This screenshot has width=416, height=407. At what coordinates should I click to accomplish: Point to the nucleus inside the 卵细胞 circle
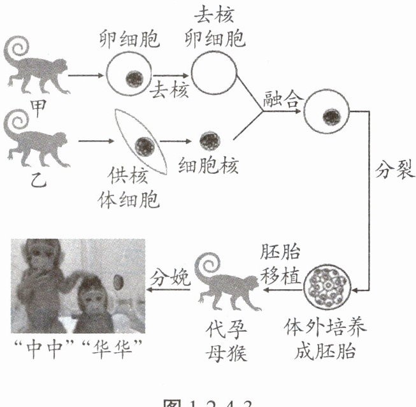pyautogui.click(x=134, y=78)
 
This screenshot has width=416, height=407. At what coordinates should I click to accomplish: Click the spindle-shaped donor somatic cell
pyautogui.click(x=141, y=144)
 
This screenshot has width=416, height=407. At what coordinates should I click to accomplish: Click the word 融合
pyautogui.click(x=280, y=100)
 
